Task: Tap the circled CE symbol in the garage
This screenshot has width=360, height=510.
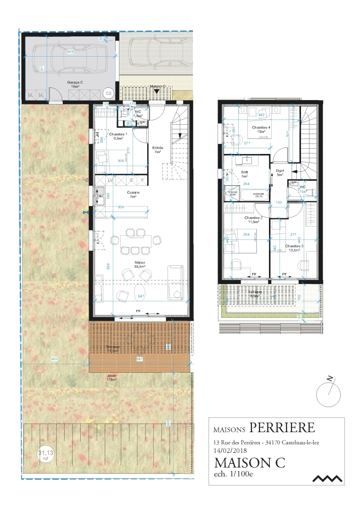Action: point(108,93)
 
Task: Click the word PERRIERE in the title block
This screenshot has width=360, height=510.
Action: point(282,428)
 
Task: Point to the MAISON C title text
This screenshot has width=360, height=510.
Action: point(250,463)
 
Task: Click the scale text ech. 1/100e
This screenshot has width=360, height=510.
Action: point(234,475)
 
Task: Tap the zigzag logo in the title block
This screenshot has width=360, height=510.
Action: point(327,478)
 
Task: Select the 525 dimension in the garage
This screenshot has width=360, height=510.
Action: point(71,51)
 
